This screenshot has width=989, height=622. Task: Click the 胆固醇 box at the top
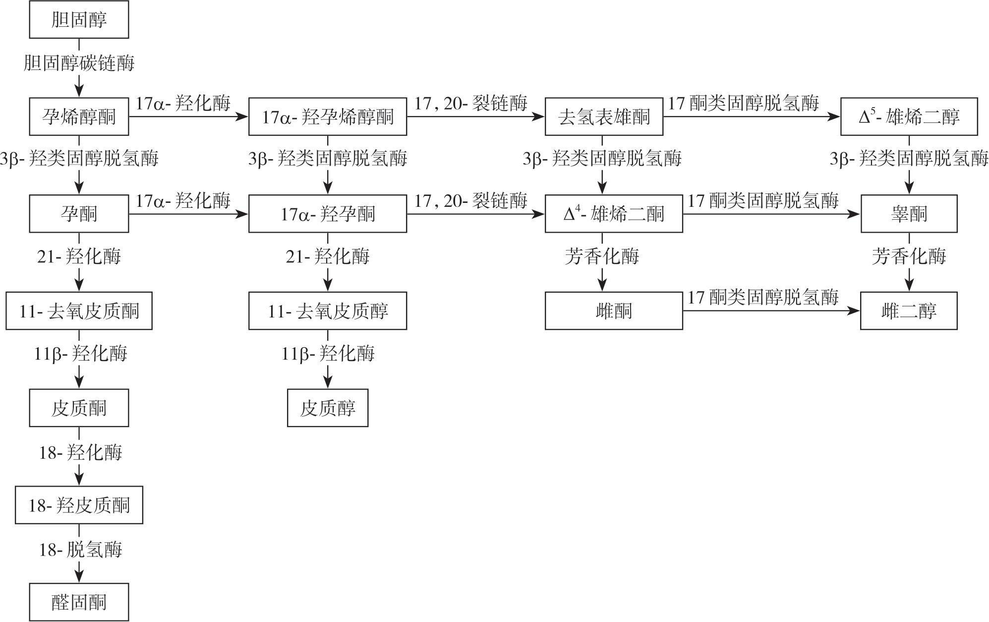(79, 20)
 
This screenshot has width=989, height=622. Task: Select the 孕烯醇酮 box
(79, 117)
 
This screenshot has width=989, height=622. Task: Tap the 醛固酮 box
(79, 602)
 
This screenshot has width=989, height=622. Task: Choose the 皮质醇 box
(328, 408)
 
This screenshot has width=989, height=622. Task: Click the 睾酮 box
(909, 214)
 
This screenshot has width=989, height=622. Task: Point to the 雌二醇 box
(909, 311)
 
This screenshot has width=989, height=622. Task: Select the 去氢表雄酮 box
(604, 117)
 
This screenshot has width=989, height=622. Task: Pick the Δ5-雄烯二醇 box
(909, 117)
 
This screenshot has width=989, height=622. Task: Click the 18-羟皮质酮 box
(79, 505)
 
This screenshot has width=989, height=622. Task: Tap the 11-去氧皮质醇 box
(328, 311)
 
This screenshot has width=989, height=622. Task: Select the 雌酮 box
(614, 311)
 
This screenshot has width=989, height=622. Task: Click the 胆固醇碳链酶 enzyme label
(79, 63)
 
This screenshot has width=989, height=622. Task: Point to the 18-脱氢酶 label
(80, 550)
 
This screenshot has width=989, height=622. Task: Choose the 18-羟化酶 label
(80, 452)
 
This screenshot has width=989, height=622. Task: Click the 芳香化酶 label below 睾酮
(909, 256)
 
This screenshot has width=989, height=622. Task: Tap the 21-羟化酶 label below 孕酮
(79, 256)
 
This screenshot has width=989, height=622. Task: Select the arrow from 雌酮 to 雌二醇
(771, 311)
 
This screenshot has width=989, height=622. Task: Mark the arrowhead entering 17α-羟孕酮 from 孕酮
(242, 214)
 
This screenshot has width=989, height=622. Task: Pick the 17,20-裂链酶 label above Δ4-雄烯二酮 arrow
(471, 200)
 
